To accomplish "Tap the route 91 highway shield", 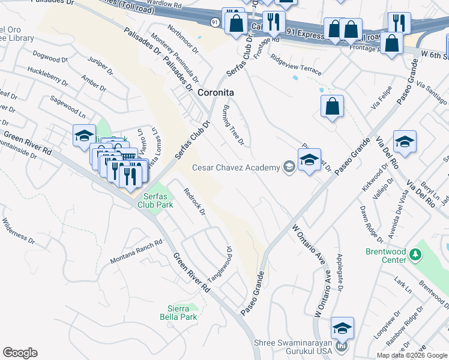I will pyautogui.click(x=214, y=22).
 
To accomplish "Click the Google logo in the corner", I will pyautogui.click(x=20, y=353).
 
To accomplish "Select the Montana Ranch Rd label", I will pyautogui.click(x=136, y=252).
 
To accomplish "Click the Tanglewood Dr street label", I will pyautogui.click(x=220, y=264).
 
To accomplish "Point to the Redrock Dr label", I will pyautogui.click(x=194, y=202).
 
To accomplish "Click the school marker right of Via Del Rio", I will pyautogui.click(x=405, y=142).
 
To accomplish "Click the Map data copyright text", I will pyautogui.click(x=412, y=355).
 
